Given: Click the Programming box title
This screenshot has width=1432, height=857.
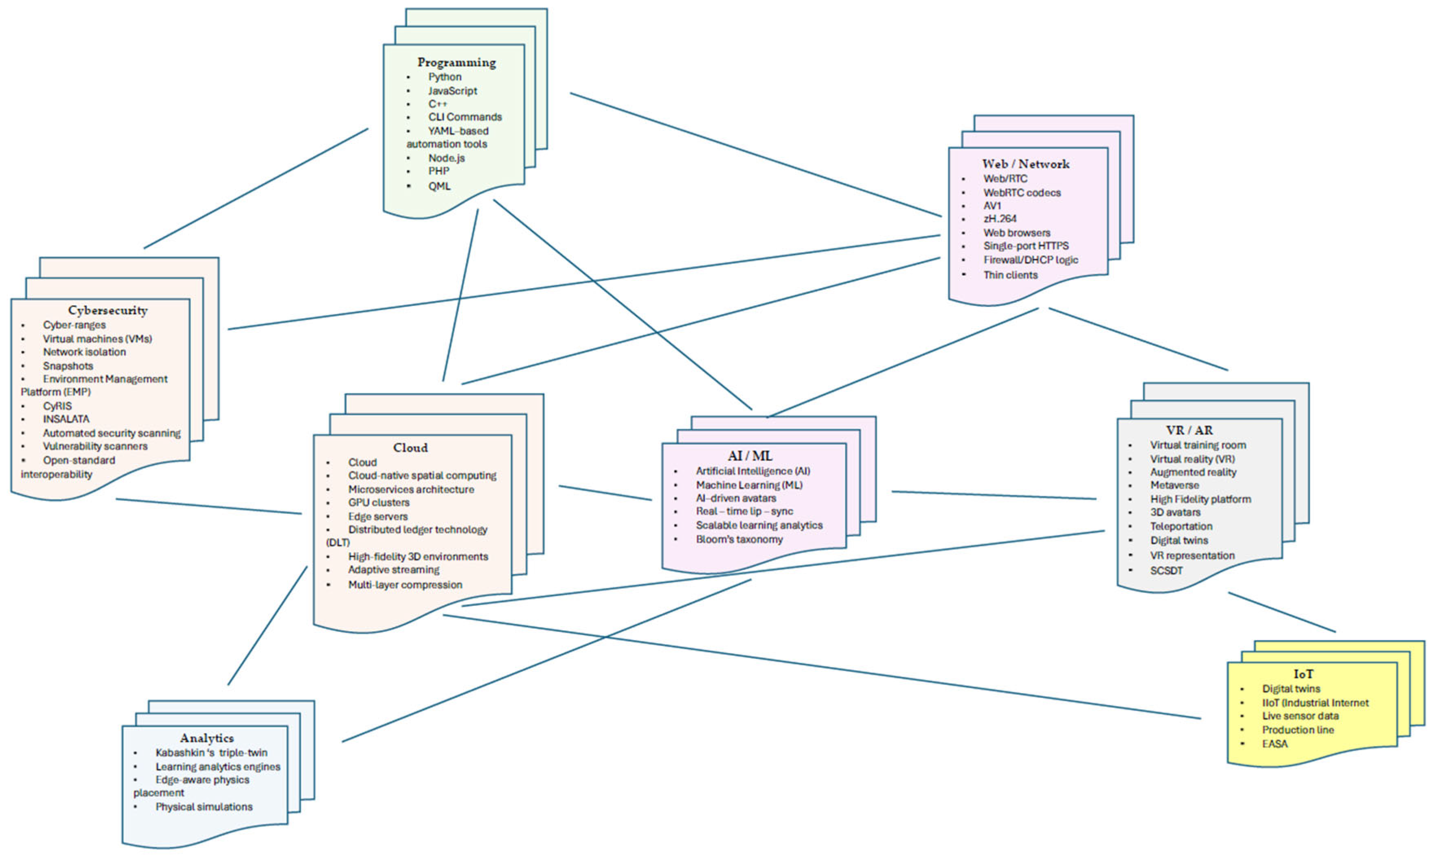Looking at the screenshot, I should pyautogui.click(x=456, y=62).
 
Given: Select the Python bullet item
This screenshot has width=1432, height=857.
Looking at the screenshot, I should pyautogui.click(x=444, y=77).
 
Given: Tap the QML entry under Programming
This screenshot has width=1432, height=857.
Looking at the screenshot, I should pyautogui.click(x=439, y=186).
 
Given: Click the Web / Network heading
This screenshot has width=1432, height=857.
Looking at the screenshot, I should pyautogui.click(x=1025, y=164).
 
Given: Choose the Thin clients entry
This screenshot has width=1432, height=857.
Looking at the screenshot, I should pyautogui.click(x=1010, y=275).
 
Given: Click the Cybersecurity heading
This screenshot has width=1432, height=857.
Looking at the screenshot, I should pyautogui.click(x=108, y=310).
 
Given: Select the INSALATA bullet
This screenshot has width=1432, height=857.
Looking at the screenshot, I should pyautogui.click(x=66, y=419).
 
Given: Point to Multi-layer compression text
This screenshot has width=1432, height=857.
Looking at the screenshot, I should pyautogui.click(x=405, y=585).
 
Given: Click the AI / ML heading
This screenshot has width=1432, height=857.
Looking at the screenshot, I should pyautogui.click(x=750, y=456).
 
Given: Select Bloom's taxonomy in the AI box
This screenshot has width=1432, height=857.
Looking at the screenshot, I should pyautogui.click(x=739, y=539).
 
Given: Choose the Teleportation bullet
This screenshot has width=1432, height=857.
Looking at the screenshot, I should pyautogui.click(x=1181, y=527).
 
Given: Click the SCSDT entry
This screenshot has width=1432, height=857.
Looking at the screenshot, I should pyautogui.click(x=1166, y=571).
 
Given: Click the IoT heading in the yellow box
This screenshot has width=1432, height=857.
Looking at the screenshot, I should pyautogui.click(x=1303, y=674).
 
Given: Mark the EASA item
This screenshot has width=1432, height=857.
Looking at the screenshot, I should pyautogui.click(x=1274, y=744).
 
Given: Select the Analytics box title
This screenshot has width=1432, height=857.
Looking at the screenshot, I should pyautogui.click(x=207, y=738).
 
